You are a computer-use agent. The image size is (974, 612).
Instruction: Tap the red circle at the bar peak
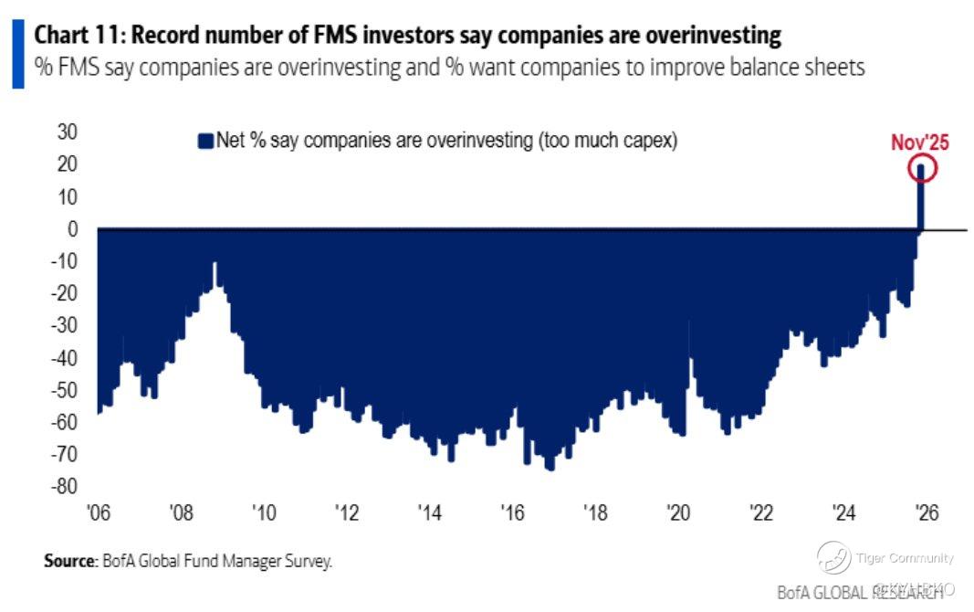point(922,168)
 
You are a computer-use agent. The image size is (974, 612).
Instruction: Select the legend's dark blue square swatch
point(204,140)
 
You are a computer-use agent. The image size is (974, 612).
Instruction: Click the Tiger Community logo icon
point(833,557)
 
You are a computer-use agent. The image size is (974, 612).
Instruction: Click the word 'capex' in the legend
point(644,140)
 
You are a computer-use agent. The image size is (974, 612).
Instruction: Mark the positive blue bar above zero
point(922,196)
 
